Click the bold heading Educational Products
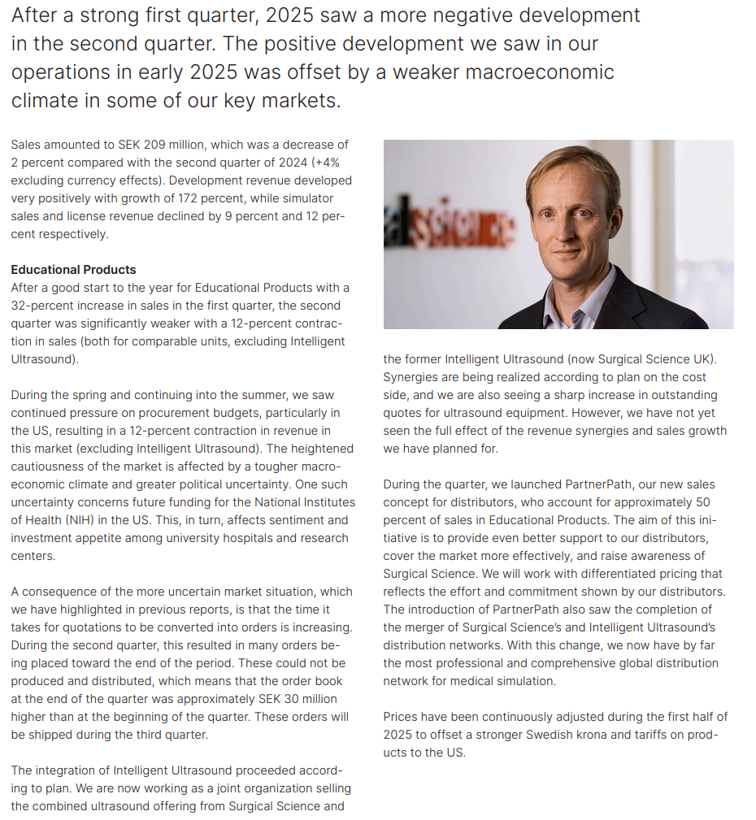[73, 270]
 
